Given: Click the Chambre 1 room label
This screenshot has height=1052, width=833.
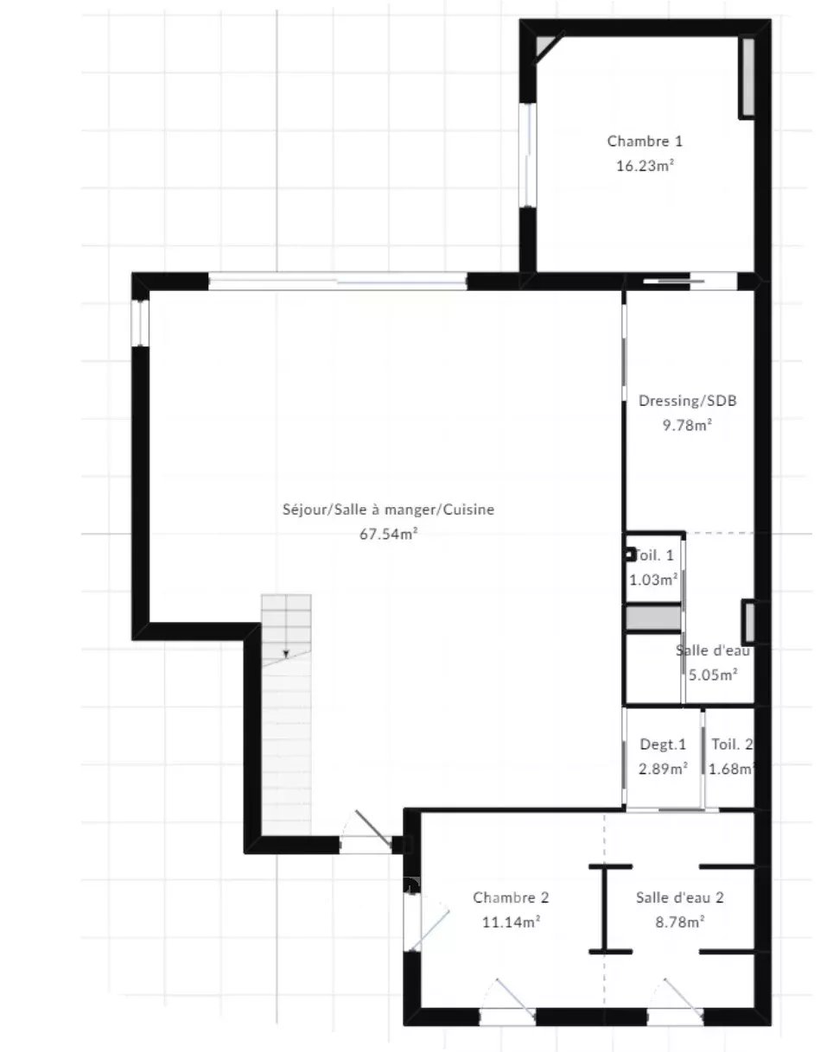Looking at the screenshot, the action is [x=645, y=142].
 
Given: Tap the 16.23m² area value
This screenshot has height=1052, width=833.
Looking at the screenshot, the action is [x=645, y=166].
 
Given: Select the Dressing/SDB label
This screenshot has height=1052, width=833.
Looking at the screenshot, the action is [x=687, y=401].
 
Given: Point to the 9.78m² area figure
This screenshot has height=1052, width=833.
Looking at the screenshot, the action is [x=687, y=425].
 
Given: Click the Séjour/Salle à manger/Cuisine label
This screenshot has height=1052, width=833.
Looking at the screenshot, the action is [x=388, y=510].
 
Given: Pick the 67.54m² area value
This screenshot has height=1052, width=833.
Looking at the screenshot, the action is [x=388, y=534].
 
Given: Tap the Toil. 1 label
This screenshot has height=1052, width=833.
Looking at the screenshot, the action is [x=654, y=555].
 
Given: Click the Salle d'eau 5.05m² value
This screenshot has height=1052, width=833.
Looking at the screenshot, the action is [x=713, y=675].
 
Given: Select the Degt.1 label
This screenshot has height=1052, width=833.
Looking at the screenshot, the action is [x=663, y=744].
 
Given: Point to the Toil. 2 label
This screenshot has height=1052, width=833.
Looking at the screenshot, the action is [x=732, y=744].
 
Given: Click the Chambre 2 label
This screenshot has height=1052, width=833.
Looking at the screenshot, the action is [x=511, y=897].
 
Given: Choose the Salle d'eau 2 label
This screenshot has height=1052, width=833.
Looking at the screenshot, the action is [x=679, y=897].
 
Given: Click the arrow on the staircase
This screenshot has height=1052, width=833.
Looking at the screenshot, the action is [x=286, y=654].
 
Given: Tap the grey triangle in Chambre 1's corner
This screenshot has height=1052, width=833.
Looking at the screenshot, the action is [x=543, y=45].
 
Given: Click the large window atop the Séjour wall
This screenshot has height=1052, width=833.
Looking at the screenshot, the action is [x=338, y=281].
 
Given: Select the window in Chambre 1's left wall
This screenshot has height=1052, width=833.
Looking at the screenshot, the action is [x=527, y=155].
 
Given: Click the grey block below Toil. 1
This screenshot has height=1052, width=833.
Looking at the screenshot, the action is [x=653, y=618].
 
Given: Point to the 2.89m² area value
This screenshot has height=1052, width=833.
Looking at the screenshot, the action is [x=663, y=769].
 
